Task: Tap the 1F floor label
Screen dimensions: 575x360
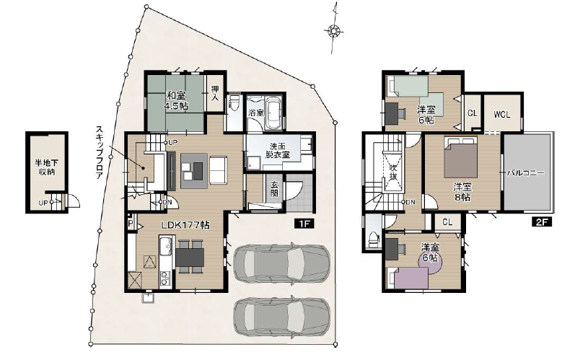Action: [x=304, y=223]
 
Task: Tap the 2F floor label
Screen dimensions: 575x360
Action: [x=542, y=221]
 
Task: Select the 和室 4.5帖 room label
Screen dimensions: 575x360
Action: [x=177, y=100]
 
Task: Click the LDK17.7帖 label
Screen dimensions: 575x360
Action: [x=186, y=224]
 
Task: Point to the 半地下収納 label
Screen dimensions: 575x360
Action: [x=47, y=167]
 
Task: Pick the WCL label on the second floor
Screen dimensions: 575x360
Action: [x=501, y=115]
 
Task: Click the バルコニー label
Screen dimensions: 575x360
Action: [x=525, y=172]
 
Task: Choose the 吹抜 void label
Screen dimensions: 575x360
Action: [x=393, y=172]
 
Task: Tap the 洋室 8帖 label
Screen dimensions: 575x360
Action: [x=462, y=192]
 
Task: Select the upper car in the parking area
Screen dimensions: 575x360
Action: [x=281, y=263]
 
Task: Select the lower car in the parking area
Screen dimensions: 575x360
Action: [x=281, y=317]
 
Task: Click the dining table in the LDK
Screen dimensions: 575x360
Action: [x=190, y=257]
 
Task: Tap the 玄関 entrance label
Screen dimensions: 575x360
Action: [x=274, y=189]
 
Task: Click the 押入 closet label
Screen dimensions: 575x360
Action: [x=215, y=93]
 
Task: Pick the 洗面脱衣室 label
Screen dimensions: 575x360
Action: [x=278, y=151]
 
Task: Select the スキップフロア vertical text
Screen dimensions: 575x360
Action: [x=99, y=152]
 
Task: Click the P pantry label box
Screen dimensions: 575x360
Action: [x=131, y=224]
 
